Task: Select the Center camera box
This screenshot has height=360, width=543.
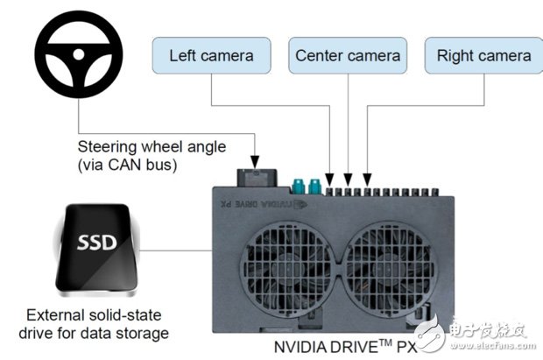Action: [x=348, y=55]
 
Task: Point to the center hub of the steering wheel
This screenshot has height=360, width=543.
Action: [x=78, y=55]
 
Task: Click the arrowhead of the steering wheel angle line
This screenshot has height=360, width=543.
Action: [x=254, y=163]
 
